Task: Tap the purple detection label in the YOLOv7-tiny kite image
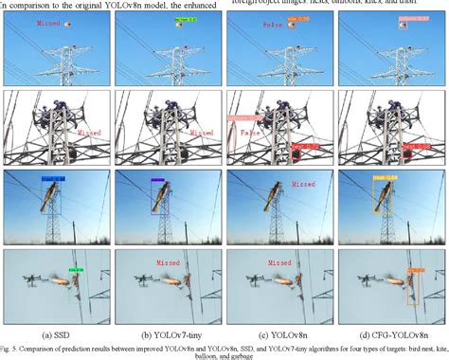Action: point(157,178)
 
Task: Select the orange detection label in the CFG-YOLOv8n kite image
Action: point(385,176)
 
